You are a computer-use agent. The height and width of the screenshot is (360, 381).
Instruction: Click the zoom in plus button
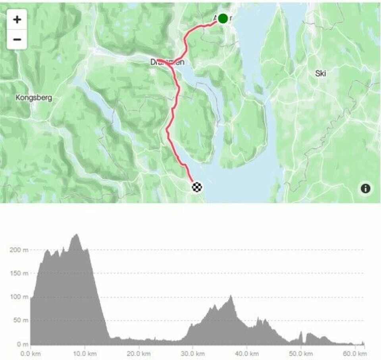[x=17, y=19]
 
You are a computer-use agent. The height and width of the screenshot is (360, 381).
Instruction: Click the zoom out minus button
[x=17, y=39]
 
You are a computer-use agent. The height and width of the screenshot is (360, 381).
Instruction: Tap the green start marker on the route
[x=223, y=18]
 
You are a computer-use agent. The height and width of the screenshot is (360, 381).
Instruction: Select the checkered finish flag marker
[x=197, y=187]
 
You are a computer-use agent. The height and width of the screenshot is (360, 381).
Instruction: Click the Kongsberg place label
[x=34, y=97]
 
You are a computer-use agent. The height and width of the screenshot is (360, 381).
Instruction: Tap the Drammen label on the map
[x=167, y=62]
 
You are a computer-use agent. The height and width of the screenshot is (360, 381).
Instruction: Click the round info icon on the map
[x=365, y=189]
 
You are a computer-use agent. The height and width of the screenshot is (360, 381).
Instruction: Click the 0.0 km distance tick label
[x=31, y=353]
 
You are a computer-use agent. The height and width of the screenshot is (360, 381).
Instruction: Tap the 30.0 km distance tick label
[x=192, y=353]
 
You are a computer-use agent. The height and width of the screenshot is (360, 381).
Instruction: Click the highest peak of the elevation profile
[x=76, y=235]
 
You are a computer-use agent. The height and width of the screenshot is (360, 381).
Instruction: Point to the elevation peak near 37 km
[x=230, y=296]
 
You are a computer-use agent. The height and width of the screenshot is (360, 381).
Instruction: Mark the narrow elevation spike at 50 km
[x=301, y=332]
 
